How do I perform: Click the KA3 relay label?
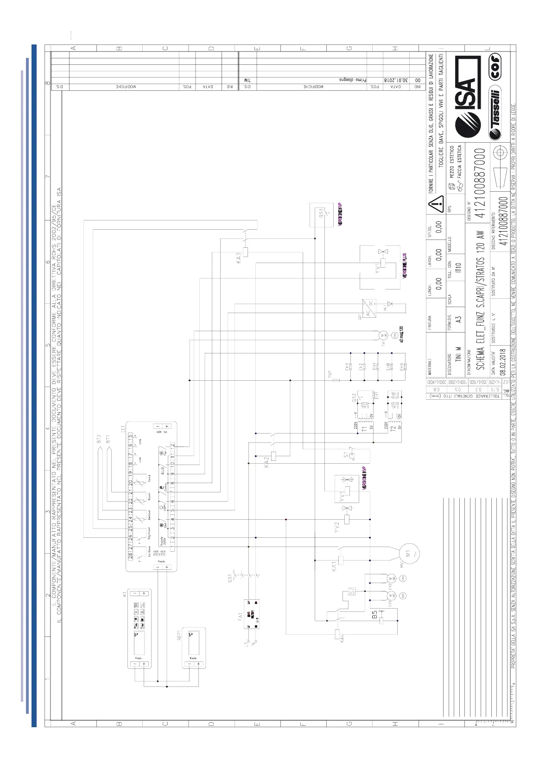coord(239,258)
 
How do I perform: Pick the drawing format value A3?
coord(458,319)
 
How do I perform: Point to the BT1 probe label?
coord(108,439)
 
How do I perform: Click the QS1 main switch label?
coord(230,579)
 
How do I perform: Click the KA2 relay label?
coord(266,462)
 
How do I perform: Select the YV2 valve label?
coord(337,527)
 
